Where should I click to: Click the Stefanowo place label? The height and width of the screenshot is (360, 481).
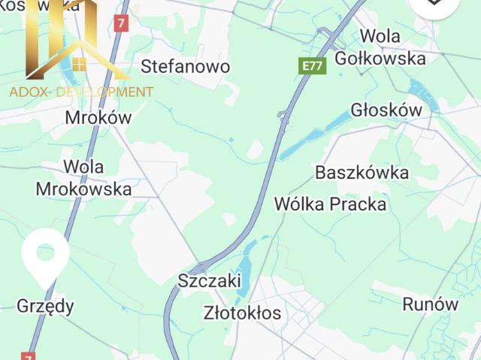186,66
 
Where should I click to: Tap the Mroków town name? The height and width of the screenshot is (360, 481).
98,117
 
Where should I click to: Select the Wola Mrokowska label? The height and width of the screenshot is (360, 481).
83,177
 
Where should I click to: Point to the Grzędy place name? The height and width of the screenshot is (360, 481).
46,305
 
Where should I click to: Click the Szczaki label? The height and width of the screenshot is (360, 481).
210,281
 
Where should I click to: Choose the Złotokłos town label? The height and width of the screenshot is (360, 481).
243,312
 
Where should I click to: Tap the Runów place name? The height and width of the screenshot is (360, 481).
431,304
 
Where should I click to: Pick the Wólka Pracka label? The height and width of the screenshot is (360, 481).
330,204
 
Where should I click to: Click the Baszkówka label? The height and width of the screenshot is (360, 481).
362,172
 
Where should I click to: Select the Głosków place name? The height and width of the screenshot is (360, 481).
386,110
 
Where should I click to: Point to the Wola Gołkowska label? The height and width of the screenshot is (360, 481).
391,47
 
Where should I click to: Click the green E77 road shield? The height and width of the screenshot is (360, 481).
312,66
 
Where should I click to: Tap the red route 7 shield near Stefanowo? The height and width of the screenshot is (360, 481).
122,23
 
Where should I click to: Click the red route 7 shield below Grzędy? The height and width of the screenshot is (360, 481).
29,354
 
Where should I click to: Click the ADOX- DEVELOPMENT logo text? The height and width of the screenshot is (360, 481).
81,92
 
